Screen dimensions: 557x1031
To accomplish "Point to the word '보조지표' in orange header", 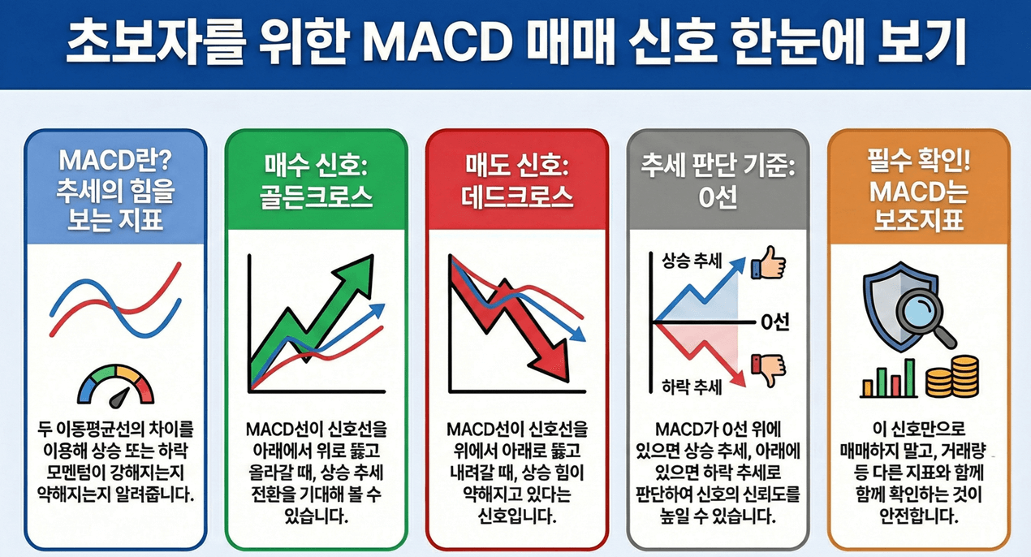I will [x=918, y=220].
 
